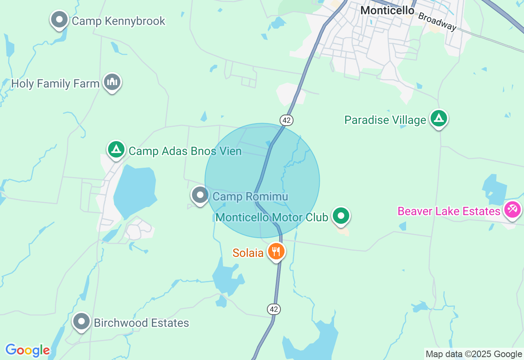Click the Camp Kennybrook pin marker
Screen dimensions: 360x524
[59, 19]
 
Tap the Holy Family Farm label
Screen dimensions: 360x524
[55, 84]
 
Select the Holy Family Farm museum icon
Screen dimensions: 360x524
[112, 82]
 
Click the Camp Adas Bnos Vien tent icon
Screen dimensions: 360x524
[116, 150]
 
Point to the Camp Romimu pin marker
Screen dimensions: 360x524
[200, 195]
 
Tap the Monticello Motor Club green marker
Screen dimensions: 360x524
[341, 216]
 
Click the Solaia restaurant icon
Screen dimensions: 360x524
[276, 251]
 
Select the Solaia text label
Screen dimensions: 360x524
[248, 253]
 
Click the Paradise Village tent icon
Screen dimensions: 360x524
[439, 119]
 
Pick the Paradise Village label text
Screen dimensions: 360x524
[385, 120]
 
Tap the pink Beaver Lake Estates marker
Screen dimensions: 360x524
[512, 210]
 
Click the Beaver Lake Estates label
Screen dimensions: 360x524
[449, 211]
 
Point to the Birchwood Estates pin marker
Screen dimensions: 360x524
[81, 322]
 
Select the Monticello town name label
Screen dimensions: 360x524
[387, 11]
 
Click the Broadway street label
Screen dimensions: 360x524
[437, 21]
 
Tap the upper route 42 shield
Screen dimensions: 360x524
[287, 120]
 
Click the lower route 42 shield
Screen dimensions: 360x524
[274, 309]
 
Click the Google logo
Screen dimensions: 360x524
[27, 350]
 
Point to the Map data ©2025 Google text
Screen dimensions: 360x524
[474, 354]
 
